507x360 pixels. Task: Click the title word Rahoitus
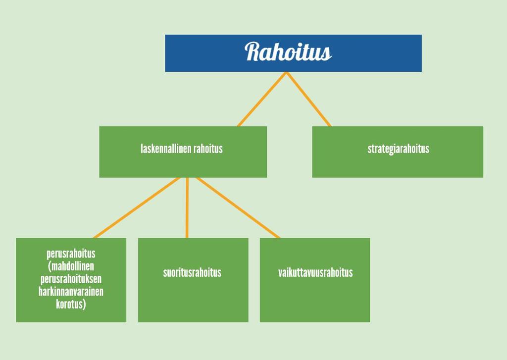pos(288,52)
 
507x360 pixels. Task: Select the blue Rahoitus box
pos(293,53)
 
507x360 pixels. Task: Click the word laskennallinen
pos(166,149)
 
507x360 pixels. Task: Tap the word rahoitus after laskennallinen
pos(208,149)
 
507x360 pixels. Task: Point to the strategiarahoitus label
pos(399,149)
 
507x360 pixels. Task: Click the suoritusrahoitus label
pos(192,273)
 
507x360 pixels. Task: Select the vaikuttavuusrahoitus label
pos(315,273)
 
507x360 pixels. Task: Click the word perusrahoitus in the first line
pos(71,254)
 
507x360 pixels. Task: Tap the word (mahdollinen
pos(71,266)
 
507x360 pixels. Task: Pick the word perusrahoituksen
pos(71,279)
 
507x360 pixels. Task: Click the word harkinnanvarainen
pos(71,292)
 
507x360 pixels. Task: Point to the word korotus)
pos(71,305)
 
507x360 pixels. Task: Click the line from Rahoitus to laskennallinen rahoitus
pos(262,99)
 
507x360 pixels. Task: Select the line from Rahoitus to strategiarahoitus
pos(308,99)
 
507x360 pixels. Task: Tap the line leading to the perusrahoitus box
pos(137,207)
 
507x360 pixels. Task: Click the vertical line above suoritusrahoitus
pos(187,207)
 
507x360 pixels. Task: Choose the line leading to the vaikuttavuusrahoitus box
pos(238,207)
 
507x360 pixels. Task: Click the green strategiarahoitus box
pos(398,152)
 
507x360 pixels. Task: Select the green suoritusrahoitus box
pos(193,280)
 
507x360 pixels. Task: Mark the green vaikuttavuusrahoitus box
pos(315,280)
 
